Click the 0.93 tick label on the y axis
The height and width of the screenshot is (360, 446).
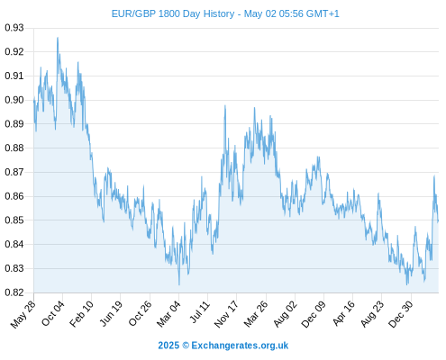(14, 28)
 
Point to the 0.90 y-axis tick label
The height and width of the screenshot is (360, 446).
(14, 100)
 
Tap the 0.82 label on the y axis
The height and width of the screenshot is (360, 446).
(14, 292)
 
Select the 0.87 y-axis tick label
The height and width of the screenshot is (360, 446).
(14, 172)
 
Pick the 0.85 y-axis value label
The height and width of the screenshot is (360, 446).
(14, 220)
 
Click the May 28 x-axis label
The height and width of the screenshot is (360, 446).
(23, 314)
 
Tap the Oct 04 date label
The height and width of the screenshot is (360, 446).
(53, 313)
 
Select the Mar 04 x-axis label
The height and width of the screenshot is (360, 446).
(168, 314)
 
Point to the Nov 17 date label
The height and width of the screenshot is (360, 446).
(227, 314)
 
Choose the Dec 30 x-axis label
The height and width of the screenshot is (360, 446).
(401, 314)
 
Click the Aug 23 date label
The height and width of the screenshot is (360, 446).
(372, 314)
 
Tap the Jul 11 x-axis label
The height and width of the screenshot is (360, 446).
(200, 312)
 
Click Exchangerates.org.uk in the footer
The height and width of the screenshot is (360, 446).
(240, 346)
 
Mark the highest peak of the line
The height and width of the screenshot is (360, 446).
(58, 38)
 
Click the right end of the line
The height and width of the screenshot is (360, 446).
(438, 221)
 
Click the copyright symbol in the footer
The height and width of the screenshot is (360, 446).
(186, 346)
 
